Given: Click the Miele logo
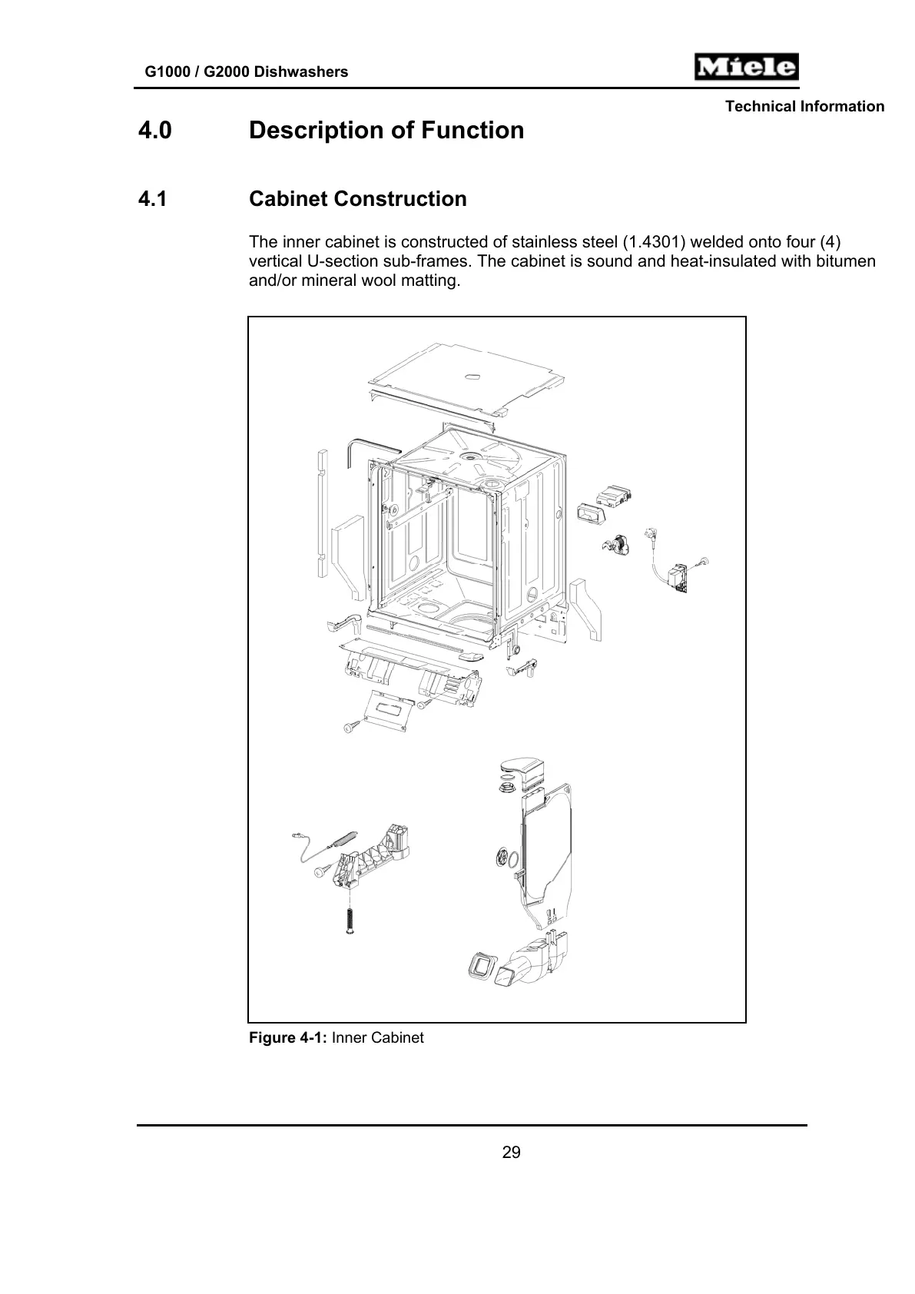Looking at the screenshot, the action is click(x=746, y=68).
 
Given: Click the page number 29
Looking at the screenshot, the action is click(x=511, y=1153).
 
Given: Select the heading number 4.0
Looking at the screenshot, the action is click(x=154, y=131).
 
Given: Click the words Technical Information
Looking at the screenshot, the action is click(x=804, y=107).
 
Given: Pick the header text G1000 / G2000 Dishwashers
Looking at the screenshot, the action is click(x=247, y=72).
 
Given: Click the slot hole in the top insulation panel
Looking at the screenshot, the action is click(x=472, y=377).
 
